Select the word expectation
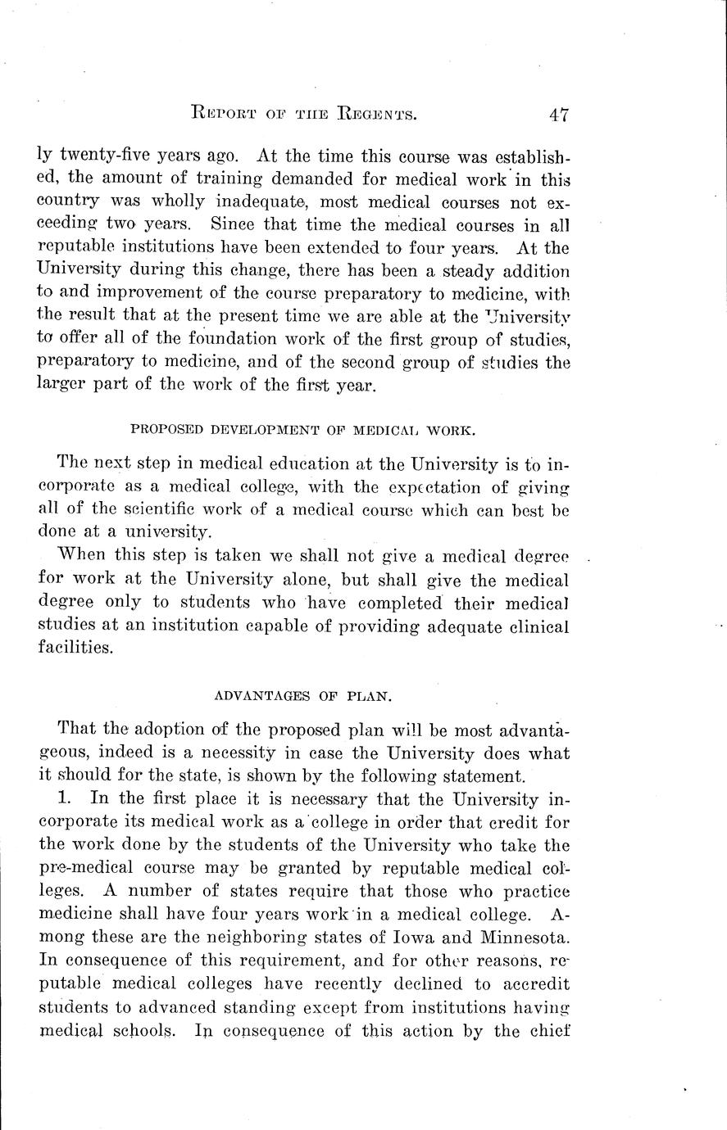tap(456, 489)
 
